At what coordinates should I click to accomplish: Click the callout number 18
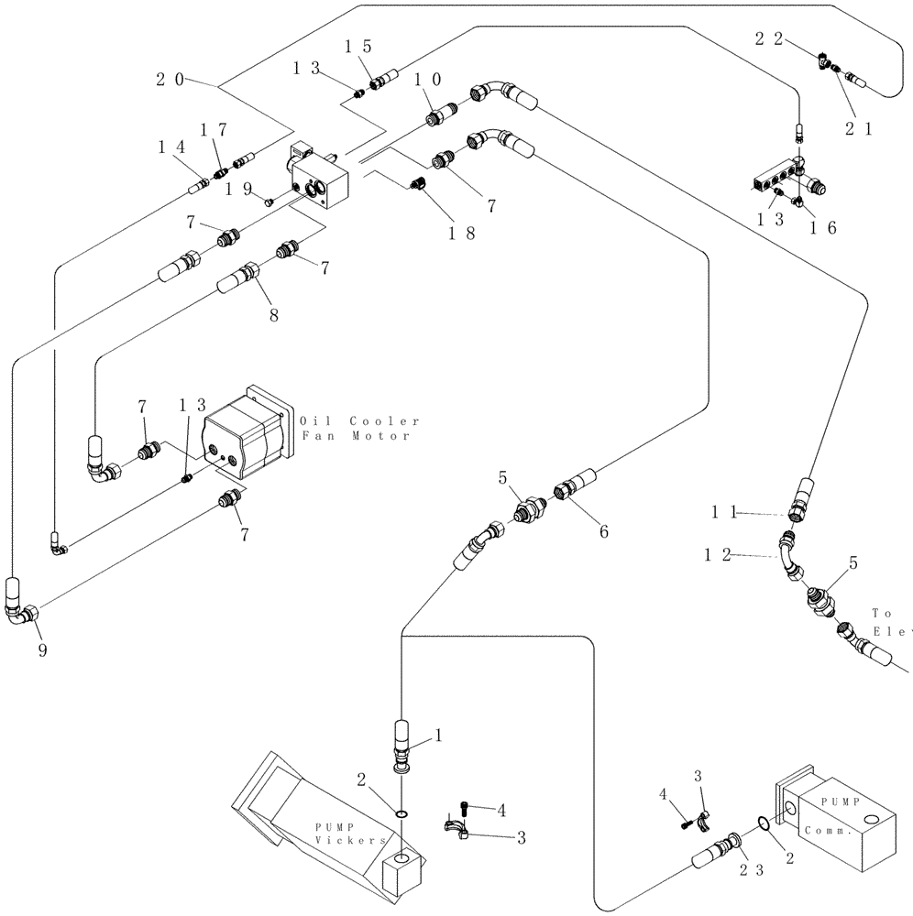coord(460,234)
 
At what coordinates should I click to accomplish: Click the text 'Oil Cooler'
coord(359,421)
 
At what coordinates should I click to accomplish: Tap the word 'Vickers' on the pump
coord(340,840)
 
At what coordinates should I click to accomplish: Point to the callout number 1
coord(438,735)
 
